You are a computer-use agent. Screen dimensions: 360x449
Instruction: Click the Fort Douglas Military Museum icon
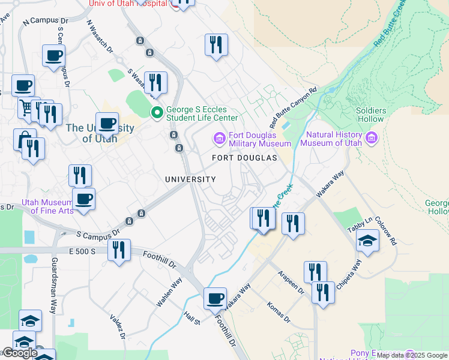[219, 139]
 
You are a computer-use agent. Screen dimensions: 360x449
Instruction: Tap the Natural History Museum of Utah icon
[372, 139]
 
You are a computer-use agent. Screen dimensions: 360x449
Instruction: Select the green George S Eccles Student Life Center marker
[157, 112]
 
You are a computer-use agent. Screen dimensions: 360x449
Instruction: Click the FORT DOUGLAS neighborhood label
[245, 158]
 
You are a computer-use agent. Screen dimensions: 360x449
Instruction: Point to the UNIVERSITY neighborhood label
[190, 179]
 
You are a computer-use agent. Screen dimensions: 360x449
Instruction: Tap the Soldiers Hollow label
[370, 115]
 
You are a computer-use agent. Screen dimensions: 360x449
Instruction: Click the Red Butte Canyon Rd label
[293, 109]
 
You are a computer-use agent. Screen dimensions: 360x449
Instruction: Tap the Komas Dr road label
[279, 311]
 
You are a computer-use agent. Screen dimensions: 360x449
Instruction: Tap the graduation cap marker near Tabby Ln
[367, 241]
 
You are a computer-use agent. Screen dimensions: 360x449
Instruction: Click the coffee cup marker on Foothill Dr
[215, 298]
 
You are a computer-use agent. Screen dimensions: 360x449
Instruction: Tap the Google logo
[20, 353]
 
